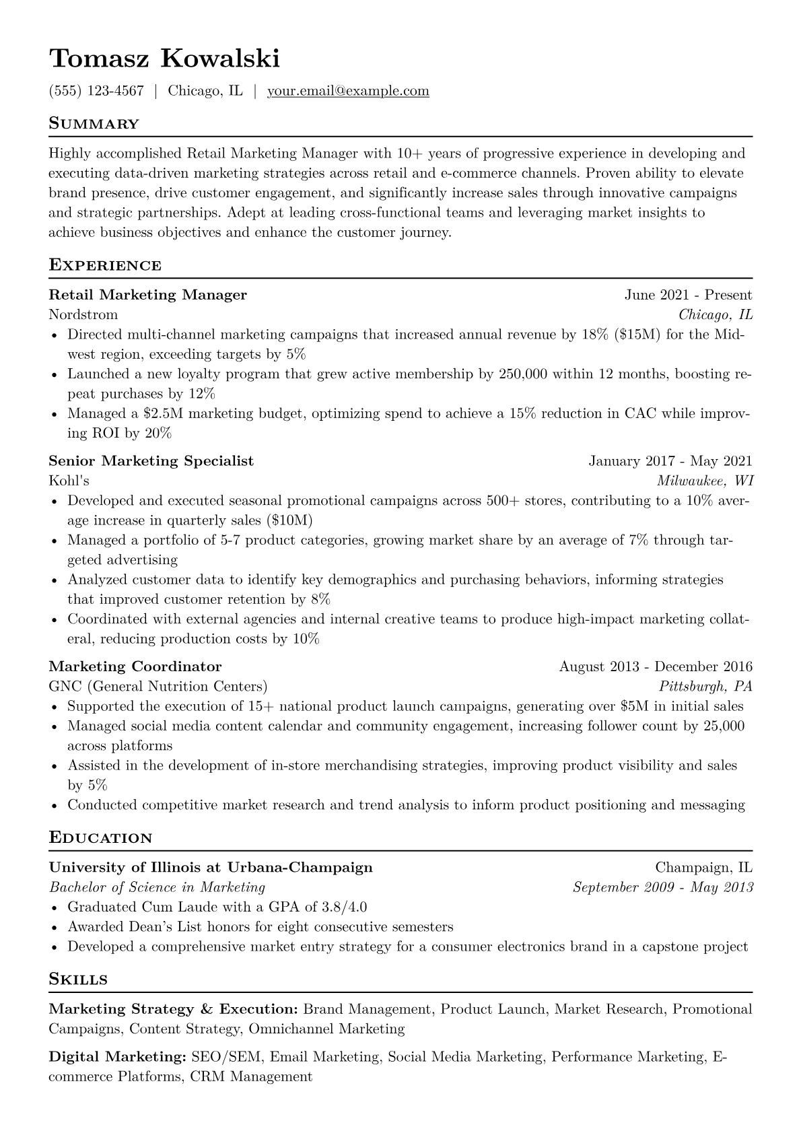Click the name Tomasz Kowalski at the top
click(x=164, y=59)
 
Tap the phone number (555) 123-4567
click(x=96, y=91)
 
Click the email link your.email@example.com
click(x=348, y=91)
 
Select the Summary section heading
click(x=94, y=124)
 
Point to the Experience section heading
click(x=105, y=265)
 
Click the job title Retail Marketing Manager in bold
click(x=148, y=295)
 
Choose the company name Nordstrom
click(x=83, y=315)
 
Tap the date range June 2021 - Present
click(x=688, y=295)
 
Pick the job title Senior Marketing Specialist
click(x=151, y=461)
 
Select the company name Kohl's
click(x=69, y=481)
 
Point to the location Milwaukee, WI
click(x=705, y=481)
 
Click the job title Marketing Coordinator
click(x=135, y=667)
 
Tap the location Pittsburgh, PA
click(x=705, y=687)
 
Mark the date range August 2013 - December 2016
click(x=656, y=667)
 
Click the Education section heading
click(x=101, y=838)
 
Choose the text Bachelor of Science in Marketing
click(x=158, y=888)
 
